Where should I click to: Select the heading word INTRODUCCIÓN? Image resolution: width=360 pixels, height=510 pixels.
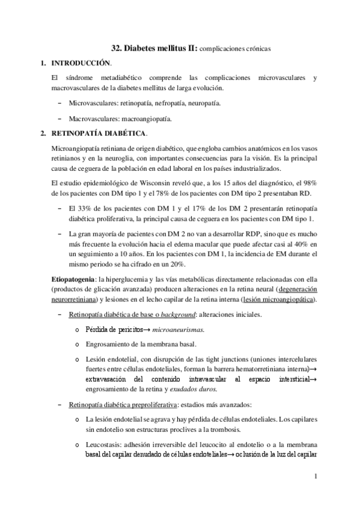click(81, 63)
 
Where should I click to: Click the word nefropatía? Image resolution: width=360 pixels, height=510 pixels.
click(154, 103)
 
